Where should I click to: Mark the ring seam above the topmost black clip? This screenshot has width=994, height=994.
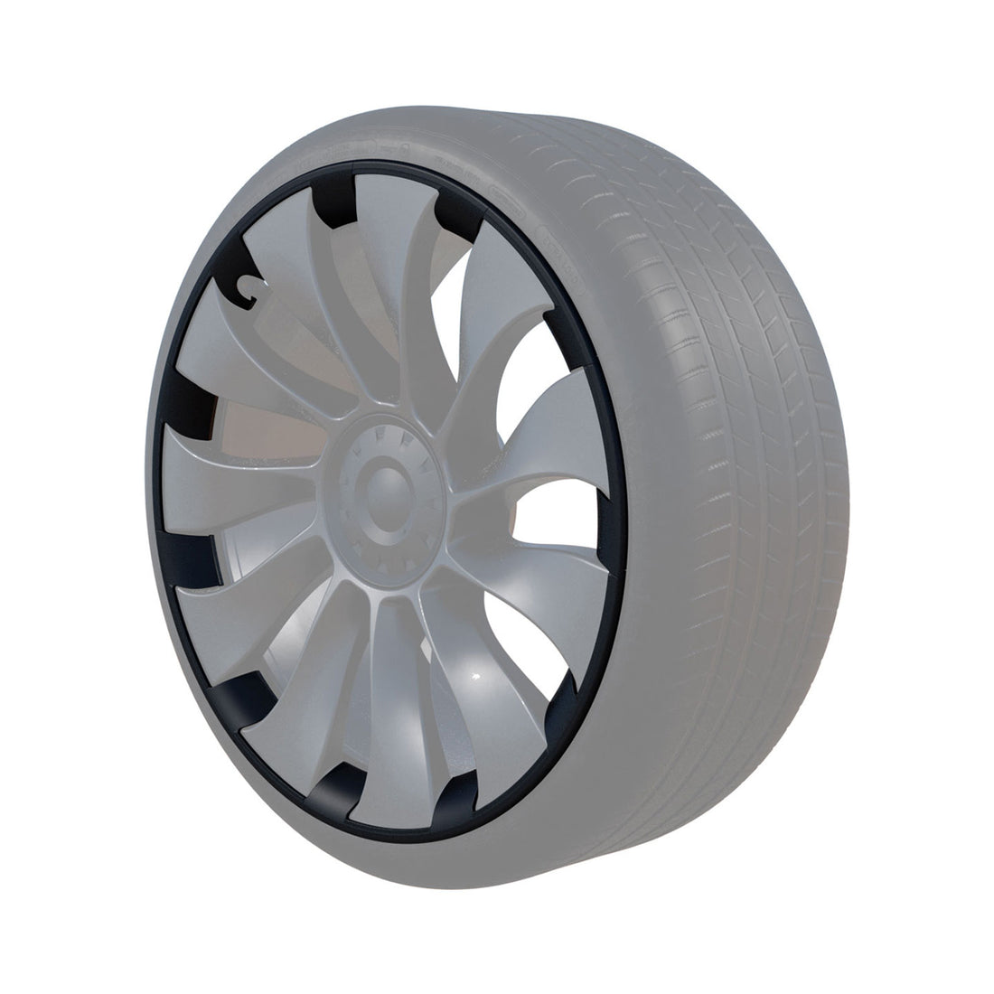click(x=342, y=165)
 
